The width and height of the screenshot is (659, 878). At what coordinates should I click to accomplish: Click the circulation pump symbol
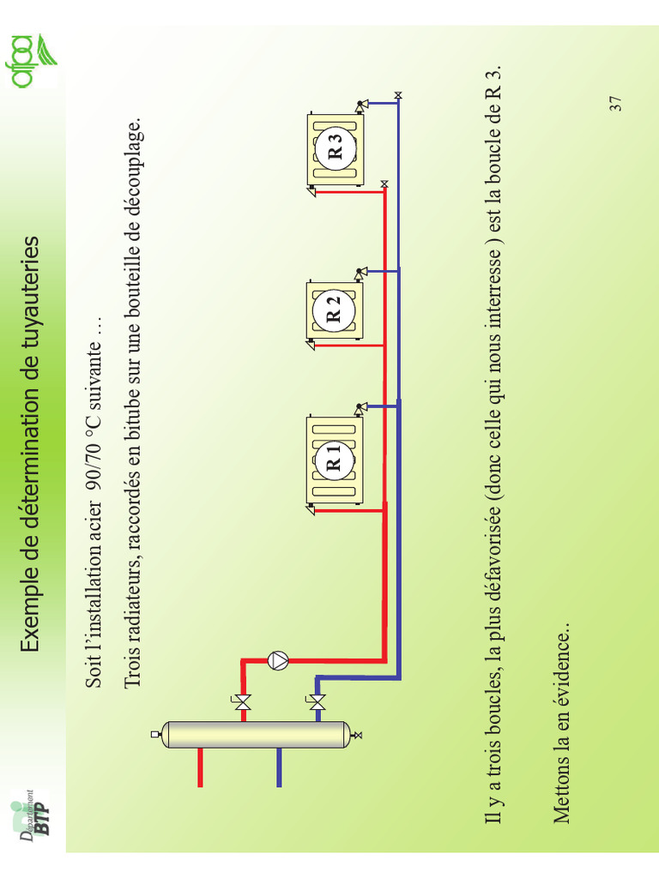278,661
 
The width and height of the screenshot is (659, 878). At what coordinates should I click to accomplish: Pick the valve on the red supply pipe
243,701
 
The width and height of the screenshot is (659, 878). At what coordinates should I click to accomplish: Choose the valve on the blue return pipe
317,701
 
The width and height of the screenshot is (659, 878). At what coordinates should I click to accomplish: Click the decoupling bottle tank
256,735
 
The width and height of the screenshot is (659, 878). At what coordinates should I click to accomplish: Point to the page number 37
615,104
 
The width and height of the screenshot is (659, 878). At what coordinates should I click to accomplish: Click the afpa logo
34,61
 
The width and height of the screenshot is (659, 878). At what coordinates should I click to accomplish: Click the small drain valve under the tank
357,735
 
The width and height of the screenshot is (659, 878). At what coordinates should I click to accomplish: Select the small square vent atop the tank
155,734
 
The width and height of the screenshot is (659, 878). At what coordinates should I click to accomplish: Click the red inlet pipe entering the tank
200,767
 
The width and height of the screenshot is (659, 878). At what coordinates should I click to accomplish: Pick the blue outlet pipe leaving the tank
279,767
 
